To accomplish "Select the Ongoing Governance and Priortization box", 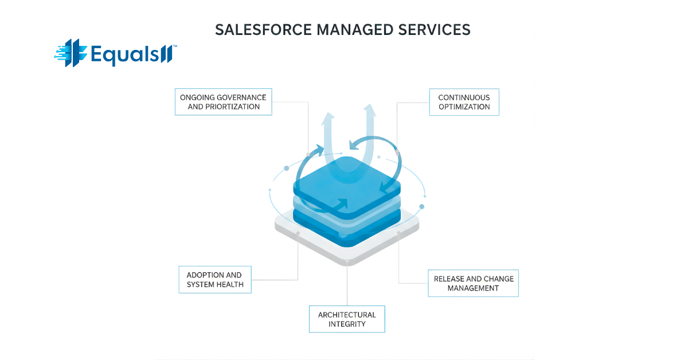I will pyautogui.click(x=224, y=101).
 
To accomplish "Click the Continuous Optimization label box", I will pyautogui.click(x=464, y=102).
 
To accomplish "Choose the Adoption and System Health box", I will pyautogui.click(x=215, y=280).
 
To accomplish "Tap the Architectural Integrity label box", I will pyautogui.click(x=347, y=319).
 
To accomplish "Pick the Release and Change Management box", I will pyautogui.click(x=473, y=283).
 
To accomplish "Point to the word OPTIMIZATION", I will pyautogui.click(x=464, y=107).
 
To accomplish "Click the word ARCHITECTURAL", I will pyautogui.click(x=347, y=315).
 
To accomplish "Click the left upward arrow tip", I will pyautogui.click(x=327, y=116).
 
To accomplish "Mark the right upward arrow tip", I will pyautogui.click(x=369, y=108).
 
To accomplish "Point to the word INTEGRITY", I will pyautogui.click(x=347, y=324).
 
